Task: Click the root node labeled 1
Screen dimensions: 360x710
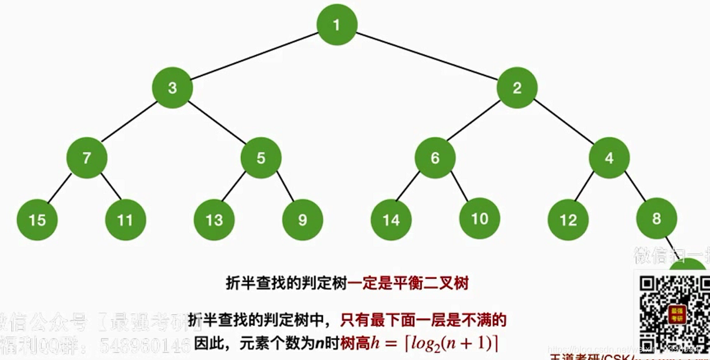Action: [x=337, y=25]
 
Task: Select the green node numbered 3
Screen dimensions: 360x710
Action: [x=172, y=88]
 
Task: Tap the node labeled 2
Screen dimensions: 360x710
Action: [x=517, y=88]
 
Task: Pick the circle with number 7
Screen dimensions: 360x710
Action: [x=87, y=158]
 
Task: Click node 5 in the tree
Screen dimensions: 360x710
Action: [x=261, y=158]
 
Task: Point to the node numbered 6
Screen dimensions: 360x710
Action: [x=435, y=158]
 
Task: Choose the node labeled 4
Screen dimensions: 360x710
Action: [x=609, y=158]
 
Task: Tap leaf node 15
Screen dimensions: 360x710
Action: [x=37, y=220]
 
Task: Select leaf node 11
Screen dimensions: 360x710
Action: [x=125, y=220]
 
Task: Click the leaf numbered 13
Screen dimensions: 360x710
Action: [x=215, y=220]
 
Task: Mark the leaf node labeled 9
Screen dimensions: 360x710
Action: [x=302, y=220]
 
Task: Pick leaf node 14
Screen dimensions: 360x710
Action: [x=391, y=220]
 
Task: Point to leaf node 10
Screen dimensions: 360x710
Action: [x=480, y=219]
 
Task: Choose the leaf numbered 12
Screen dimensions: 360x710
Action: [x=568, y=220]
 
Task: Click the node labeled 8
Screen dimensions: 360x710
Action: [x=656, y=219]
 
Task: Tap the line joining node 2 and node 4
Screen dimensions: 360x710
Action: [x=563, y=123]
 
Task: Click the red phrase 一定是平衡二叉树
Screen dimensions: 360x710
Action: [x=408, y=284]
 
